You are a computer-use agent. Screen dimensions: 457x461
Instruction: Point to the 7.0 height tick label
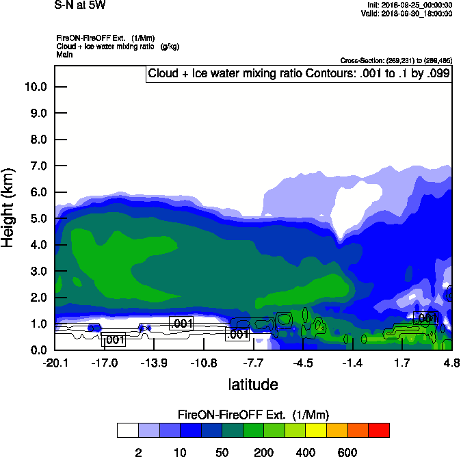click(x=37, y=166)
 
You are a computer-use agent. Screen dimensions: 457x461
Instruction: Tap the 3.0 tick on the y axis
click(x=37, y=272)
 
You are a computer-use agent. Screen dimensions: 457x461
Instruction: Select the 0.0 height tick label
click(x=37, y=350)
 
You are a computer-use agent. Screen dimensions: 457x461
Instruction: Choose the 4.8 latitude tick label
click(x=451, y=362)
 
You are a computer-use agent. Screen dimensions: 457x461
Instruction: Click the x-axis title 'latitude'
click(x=252, y=384)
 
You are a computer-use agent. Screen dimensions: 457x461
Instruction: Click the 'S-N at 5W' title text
click(x=80, y=5)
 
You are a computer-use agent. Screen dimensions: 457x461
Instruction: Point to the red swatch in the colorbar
click(x=379, y=430)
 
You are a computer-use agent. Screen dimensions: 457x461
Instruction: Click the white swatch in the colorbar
click(x=127, y=430)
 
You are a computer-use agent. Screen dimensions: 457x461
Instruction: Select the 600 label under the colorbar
click(x=347, y=452)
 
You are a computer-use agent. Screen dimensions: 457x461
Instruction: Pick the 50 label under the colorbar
click(x=222, y=452)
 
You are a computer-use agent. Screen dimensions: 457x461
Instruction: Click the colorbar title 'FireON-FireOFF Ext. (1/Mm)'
click(x=255, y=415)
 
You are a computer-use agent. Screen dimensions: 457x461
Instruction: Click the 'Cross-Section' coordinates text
click(x=395, y=60)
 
